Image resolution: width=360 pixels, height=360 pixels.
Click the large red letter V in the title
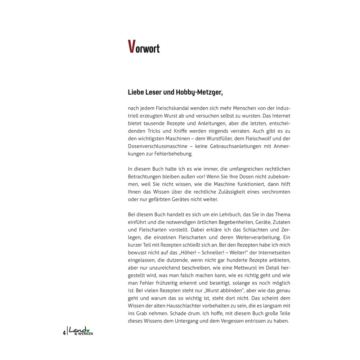(132, 47)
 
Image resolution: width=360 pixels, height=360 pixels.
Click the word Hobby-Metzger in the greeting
(199, 93)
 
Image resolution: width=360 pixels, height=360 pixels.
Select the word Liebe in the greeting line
(136, 93)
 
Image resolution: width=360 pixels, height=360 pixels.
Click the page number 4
(64, 332)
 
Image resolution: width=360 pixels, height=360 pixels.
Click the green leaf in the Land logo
(88, 329)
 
